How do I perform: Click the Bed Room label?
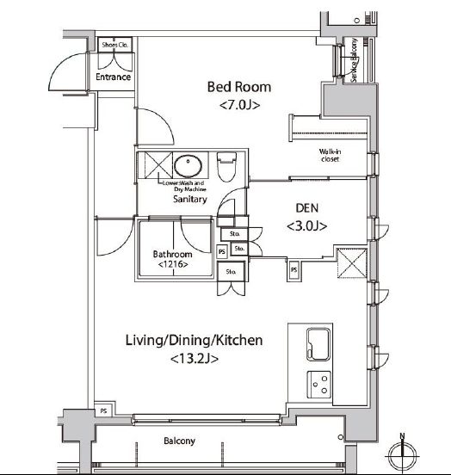238,86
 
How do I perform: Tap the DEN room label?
306,207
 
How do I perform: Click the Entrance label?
114,77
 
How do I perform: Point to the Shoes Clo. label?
114,45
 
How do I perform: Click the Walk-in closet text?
331,155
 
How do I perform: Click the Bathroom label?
173,255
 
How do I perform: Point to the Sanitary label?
190,199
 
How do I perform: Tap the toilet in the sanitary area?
226,164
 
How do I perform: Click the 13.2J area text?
195,358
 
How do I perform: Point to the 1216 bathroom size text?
173,266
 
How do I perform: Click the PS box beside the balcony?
104,410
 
